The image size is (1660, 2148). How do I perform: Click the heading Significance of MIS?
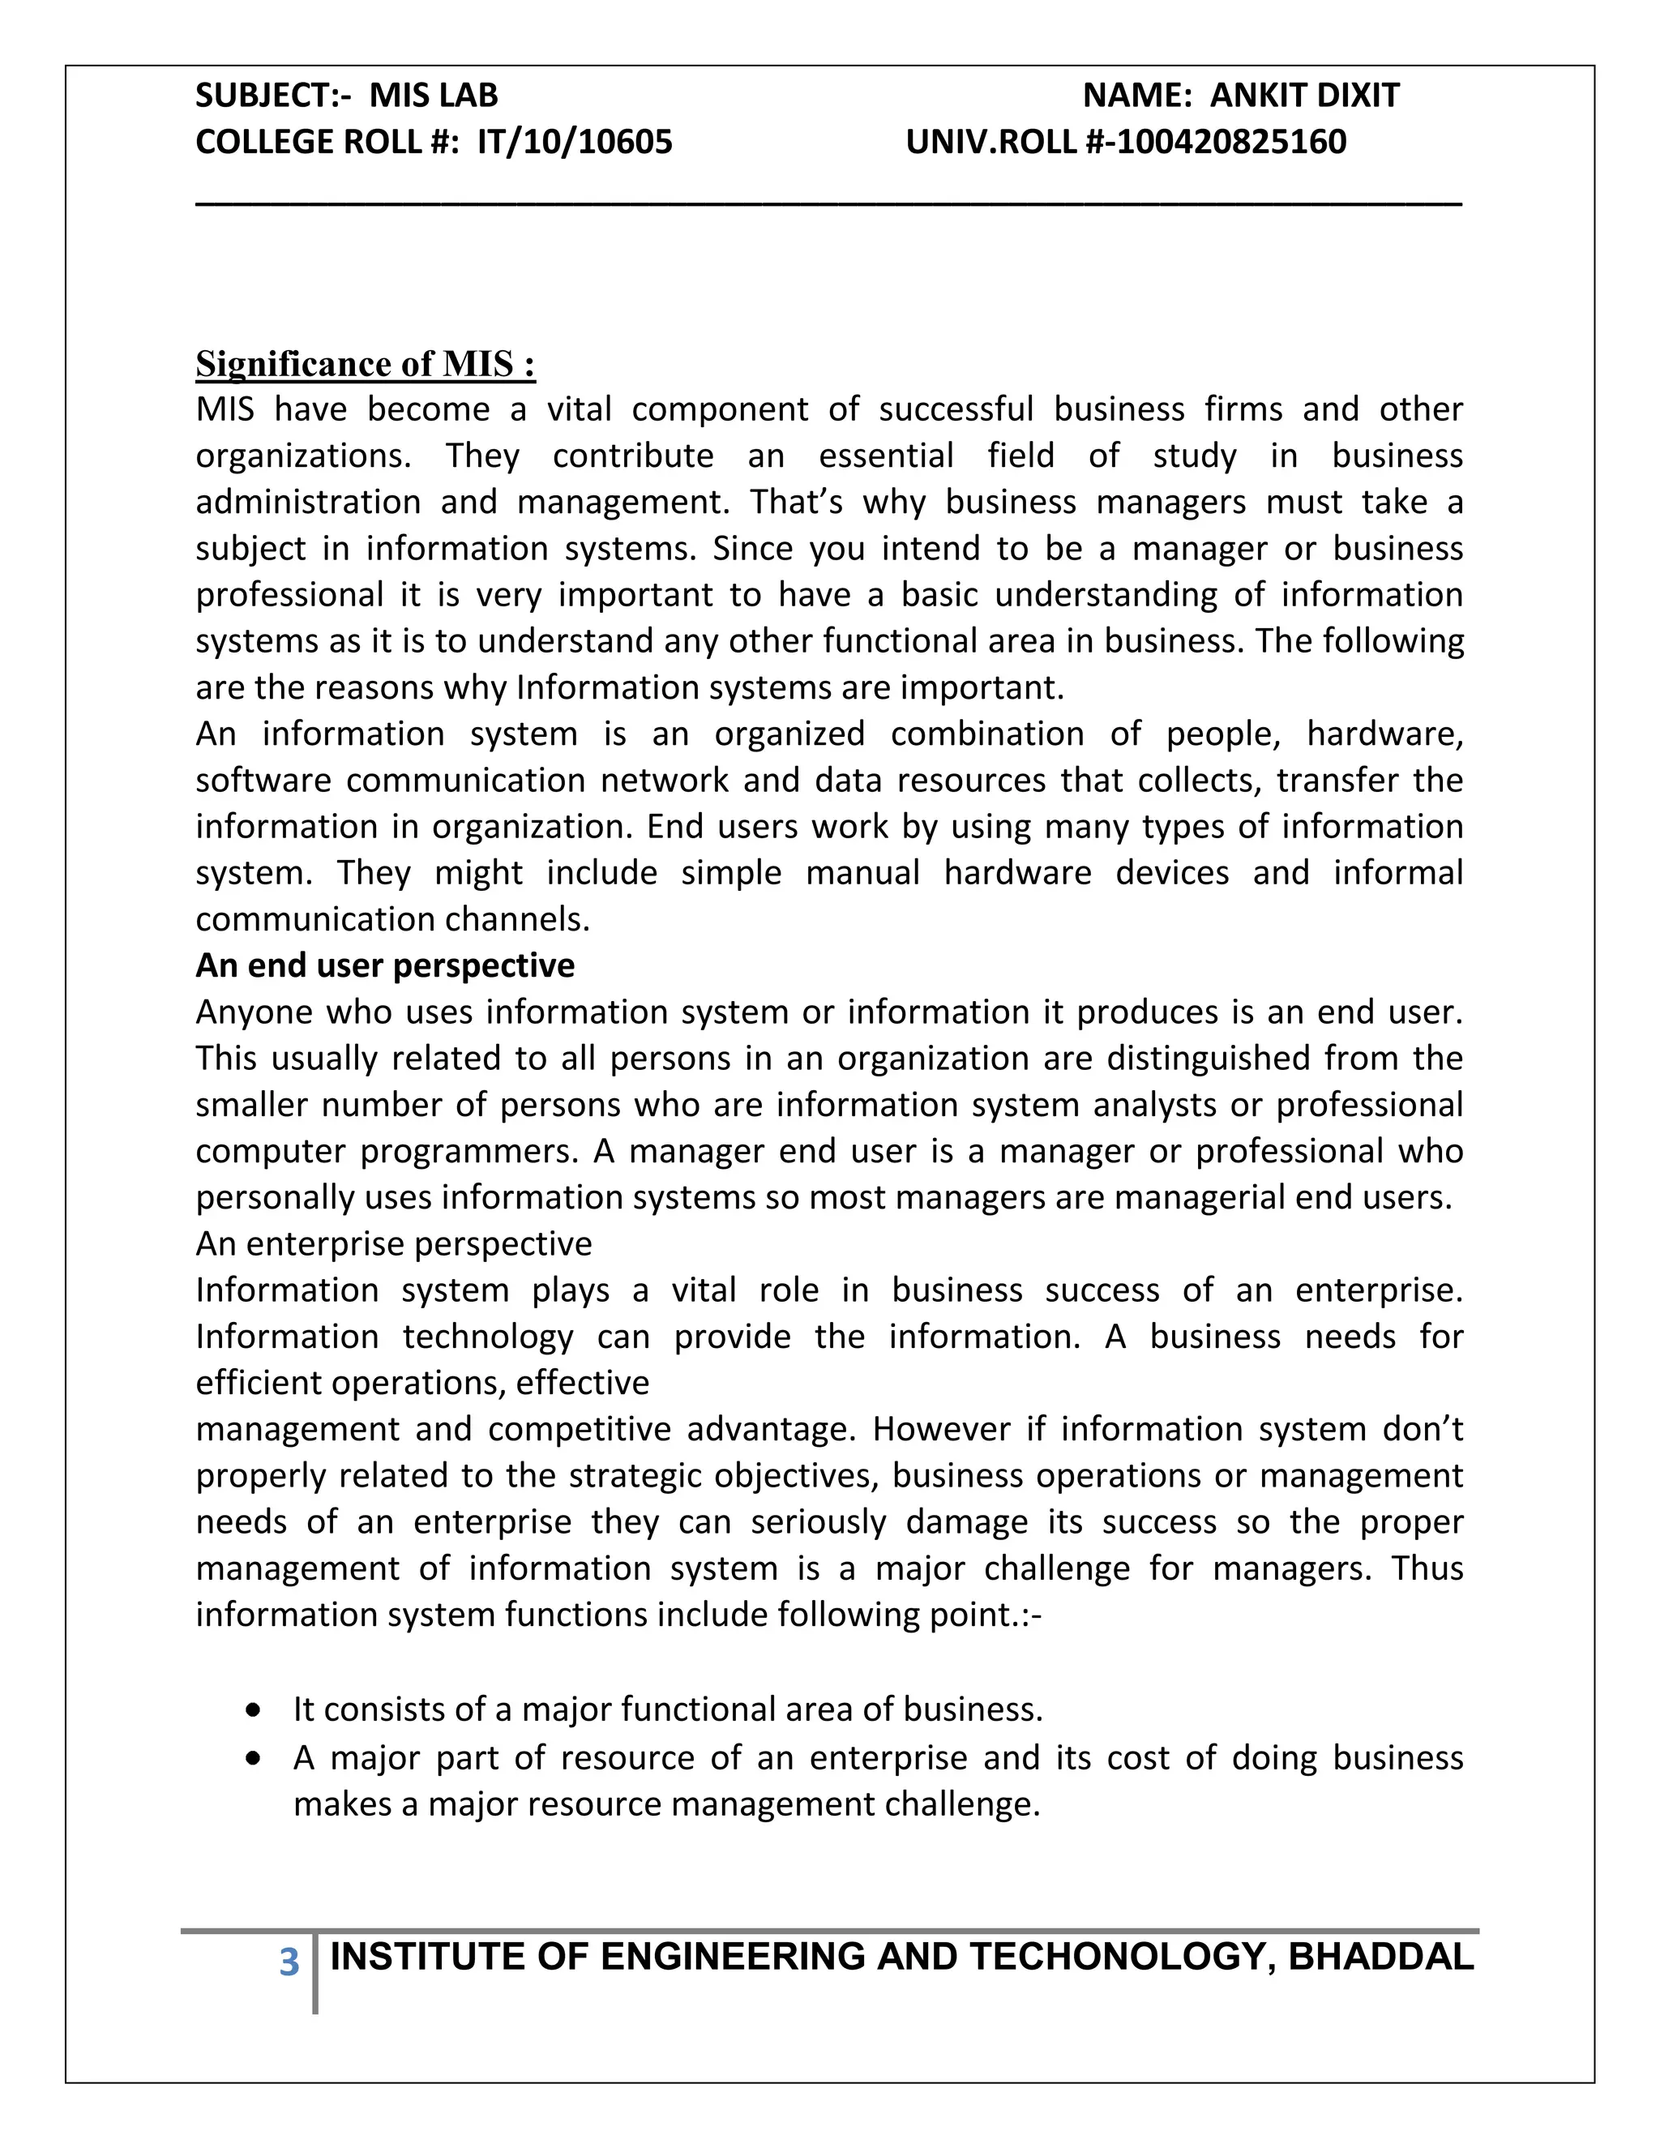point(365,364)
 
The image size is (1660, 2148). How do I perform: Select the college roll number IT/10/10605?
point(575,143)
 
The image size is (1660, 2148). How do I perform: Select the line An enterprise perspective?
point(393,1243)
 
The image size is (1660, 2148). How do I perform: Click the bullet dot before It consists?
point(255,1710)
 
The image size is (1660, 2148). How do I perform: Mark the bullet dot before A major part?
point(255,1757)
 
